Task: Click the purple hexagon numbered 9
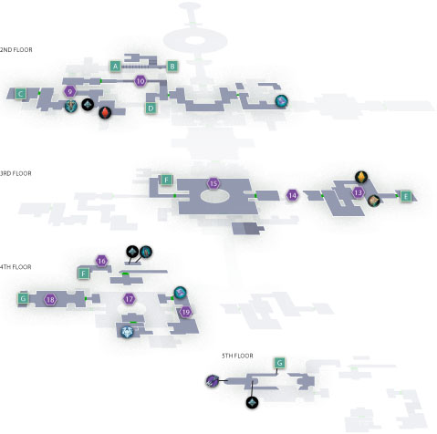click(70, 91)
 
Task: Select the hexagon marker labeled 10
click(140, 81)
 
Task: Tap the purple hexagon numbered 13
click(359, 192)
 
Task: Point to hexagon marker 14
click(292, 195)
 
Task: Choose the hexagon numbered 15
click(213, 183)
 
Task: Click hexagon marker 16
click(101, 261)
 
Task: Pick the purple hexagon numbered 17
click(130, 299)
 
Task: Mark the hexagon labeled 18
click(50, 300)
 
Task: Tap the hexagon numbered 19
click(185, 312)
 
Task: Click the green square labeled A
click(115, 67)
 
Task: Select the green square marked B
click(172, 67)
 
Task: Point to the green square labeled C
click(20, 94)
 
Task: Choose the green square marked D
click(151, 108)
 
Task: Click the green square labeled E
click(406, 196)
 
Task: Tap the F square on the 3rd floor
click(166, 180)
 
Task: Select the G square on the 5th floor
click(279, 363)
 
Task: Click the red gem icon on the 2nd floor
click(105, 112)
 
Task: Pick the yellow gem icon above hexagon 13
click(361, 177)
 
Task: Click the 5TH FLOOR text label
click(237, 356)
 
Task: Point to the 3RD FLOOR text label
click(16, 173)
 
